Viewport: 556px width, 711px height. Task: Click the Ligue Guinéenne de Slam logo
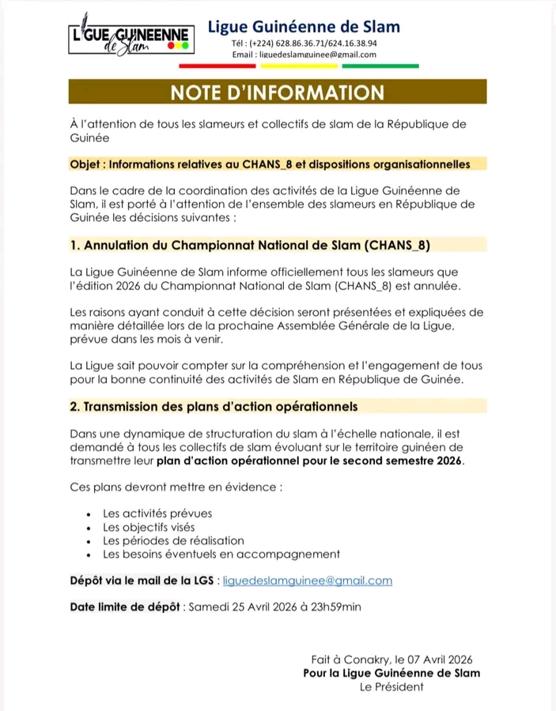(x=129, y=40)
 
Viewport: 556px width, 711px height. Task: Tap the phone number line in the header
(x=304, y=43)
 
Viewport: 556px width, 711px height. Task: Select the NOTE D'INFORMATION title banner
(x=277, y=92)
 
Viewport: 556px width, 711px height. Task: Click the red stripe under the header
(x=235, y=66)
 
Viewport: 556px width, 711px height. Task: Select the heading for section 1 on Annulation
(x=249, y=245)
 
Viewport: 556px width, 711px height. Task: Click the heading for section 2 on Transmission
(x=214, y=406)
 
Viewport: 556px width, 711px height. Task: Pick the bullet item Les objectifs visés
(x=149, y=527)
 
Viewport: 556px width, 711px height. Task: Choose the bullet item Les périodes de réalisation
(x=173, y=540)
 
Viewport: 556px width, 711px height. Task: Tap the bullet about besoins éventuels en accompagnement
(x=221, y=554)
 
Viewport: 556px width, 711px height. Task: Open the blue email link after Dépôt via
(x=308, y=581)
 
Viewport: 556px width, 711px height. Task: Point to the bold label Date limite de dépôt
(x=126, y=607)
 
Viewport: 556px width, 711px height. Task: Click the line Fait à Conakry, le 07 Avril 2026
(x=392, y=659)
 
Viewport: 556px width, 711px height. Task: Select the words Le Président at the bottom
(x=391, y=687)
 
